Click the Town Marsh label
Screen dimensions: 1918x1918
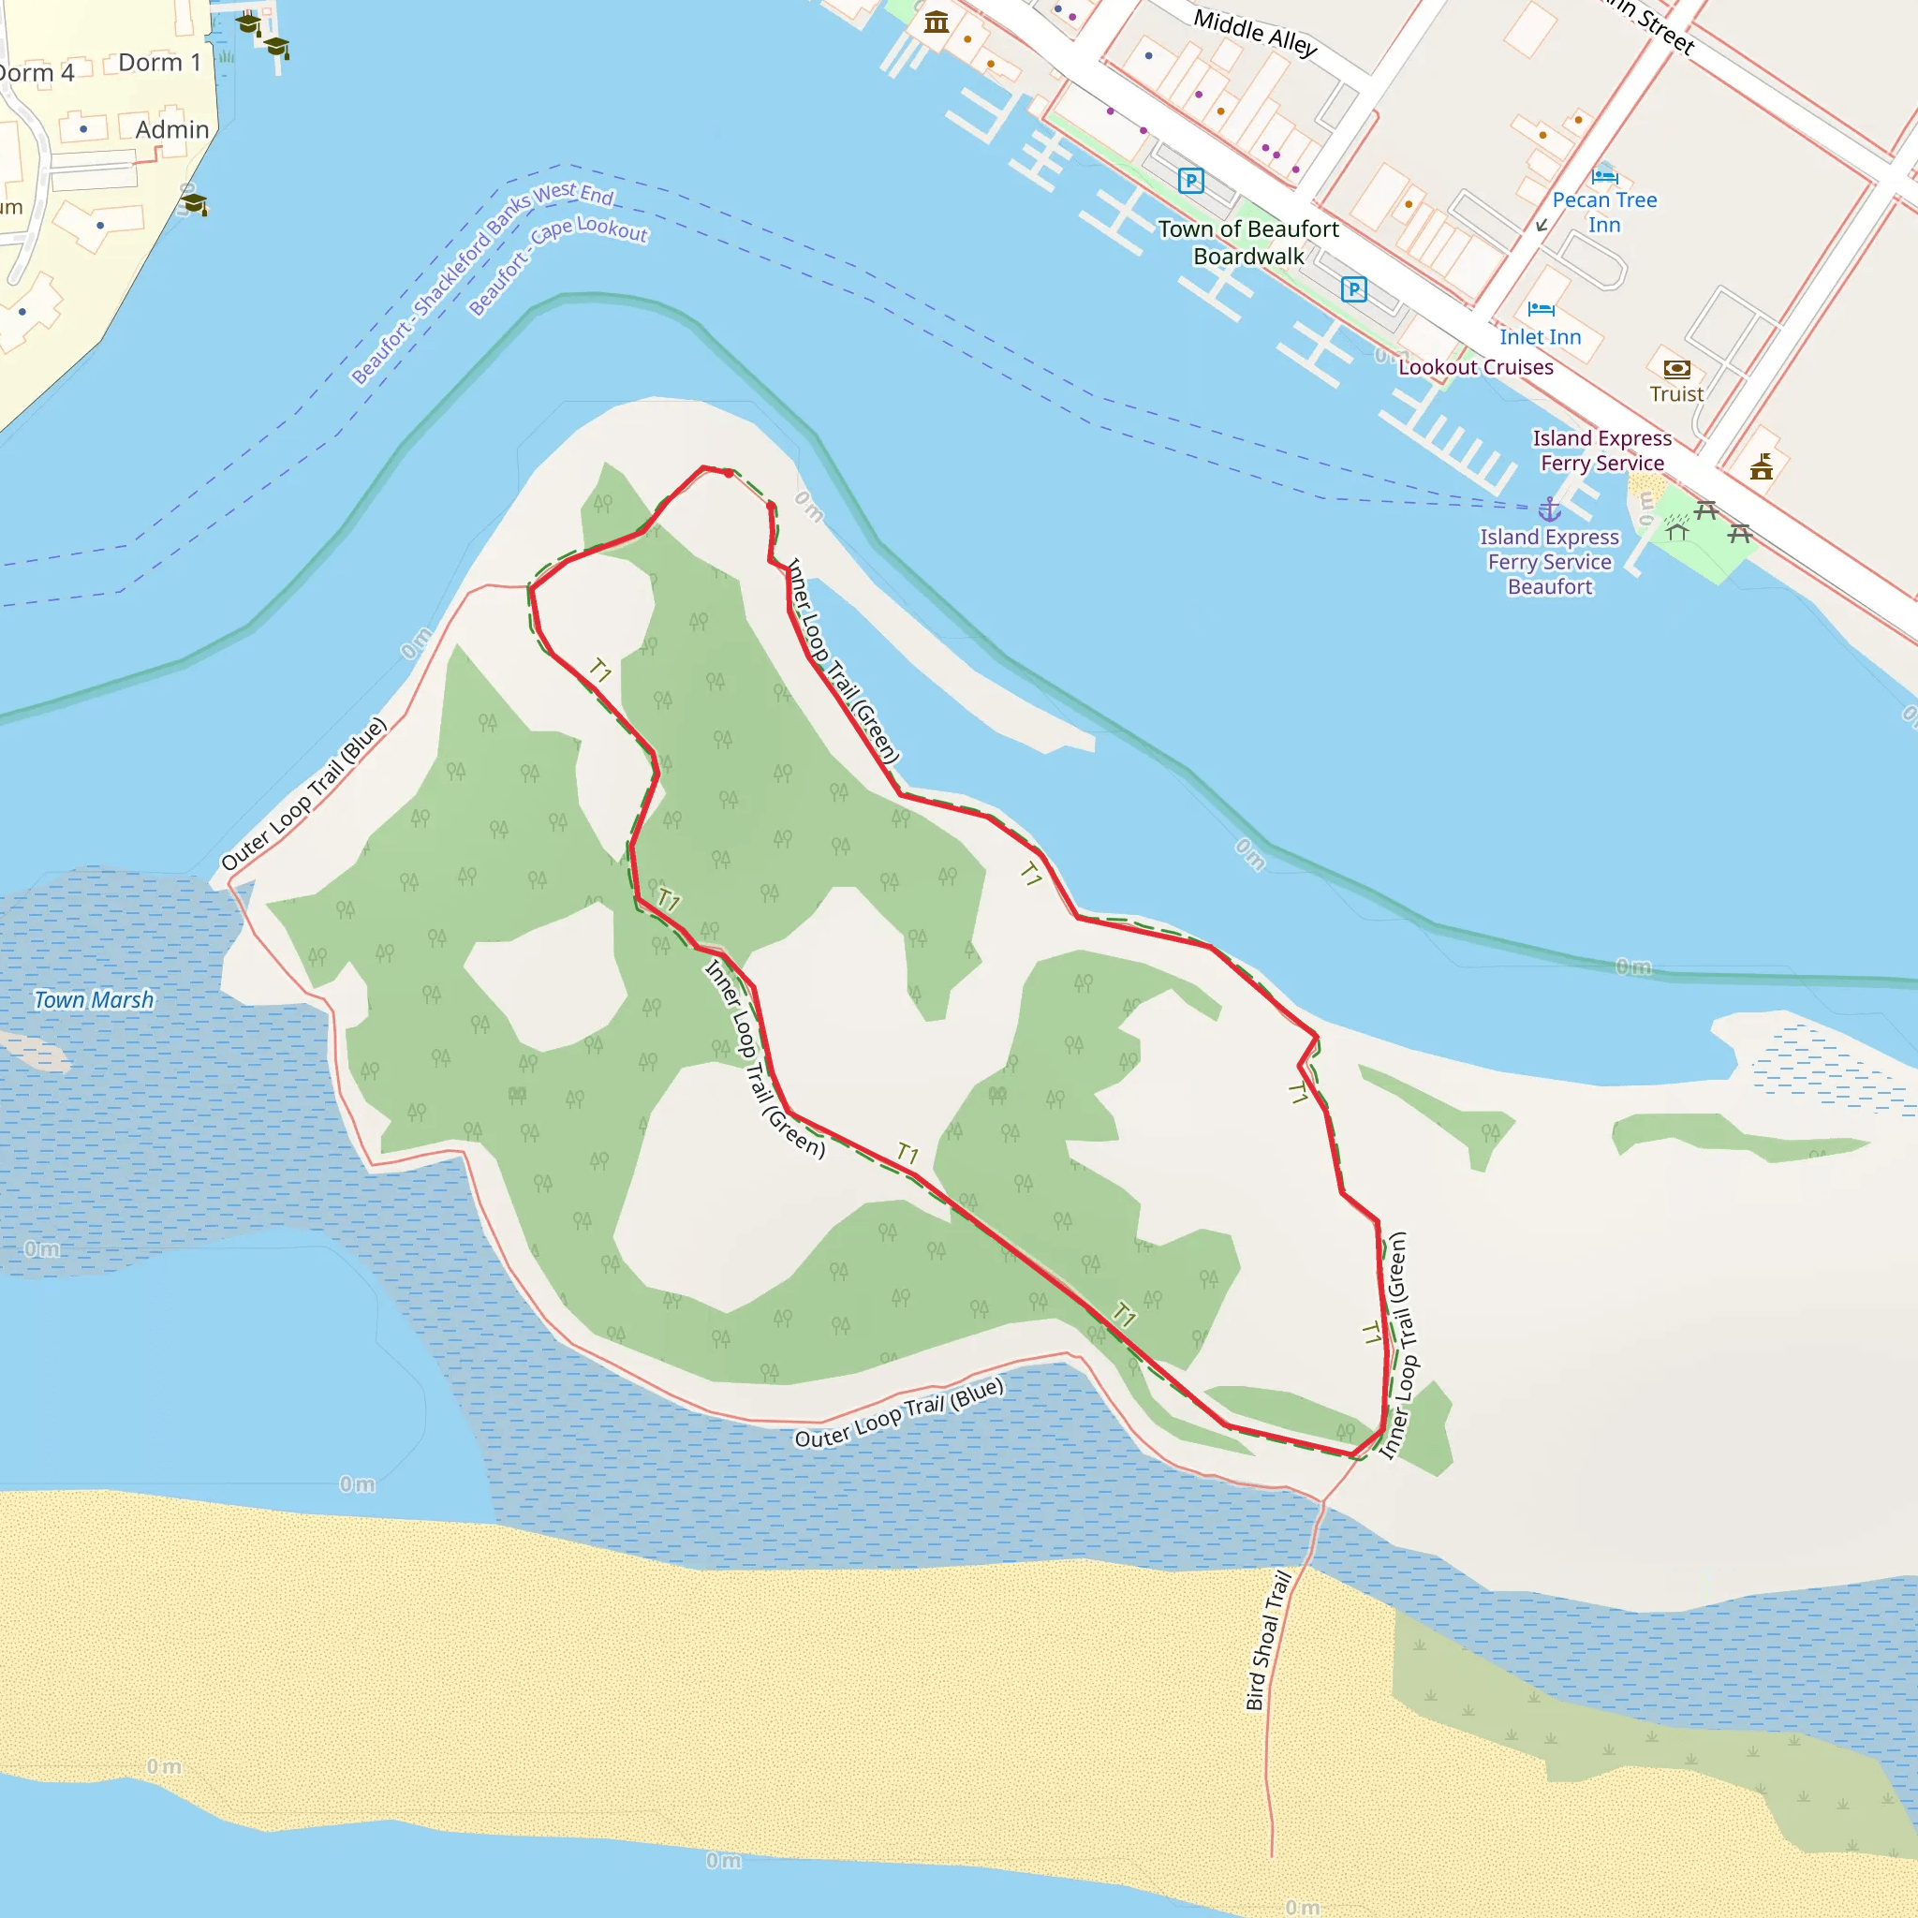click(x=95, y=999)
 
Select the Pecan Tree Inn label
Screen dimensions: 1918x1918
click(x=1604, y=213)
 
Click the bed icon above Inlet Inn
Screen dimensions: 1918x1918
click(x=1541, y=309)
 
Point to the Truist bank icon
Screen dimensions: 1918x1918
click(x=1676, y=369)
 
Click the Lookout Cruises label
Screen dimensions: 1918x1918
click(x=1475, y=367)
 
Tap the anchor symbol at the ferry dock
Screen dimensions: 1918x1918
click(x=1550, y=510)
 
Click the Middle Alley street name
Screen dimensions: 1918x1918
click(x=1255, y=33)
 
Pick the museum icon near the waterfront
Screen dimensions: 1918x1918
click(x=937, y=22)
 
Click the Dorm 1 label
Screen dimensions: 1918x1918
click(x=159, y=63)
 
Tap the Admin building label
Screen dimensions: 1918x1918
click(x=171, y=130)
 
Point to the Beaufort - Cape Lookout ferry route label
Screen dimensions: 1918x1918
click(x=558, y=265)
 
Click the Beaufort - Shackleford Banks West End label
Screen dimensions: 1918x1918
click(x=482, y=282)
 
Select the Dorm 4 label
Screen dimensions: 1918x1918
click(x=36, y=73)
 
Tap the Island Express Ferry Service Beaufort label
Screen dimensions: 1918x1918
click(x=1549, y=562)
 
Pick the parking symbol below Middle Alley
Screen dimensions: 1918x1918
click(x=1190, y=181)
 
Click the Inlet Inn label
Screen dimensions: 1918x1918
click(x=1540, y=337)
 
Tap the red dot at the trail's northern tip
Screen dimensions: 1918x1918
click(x=729, y=474)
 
